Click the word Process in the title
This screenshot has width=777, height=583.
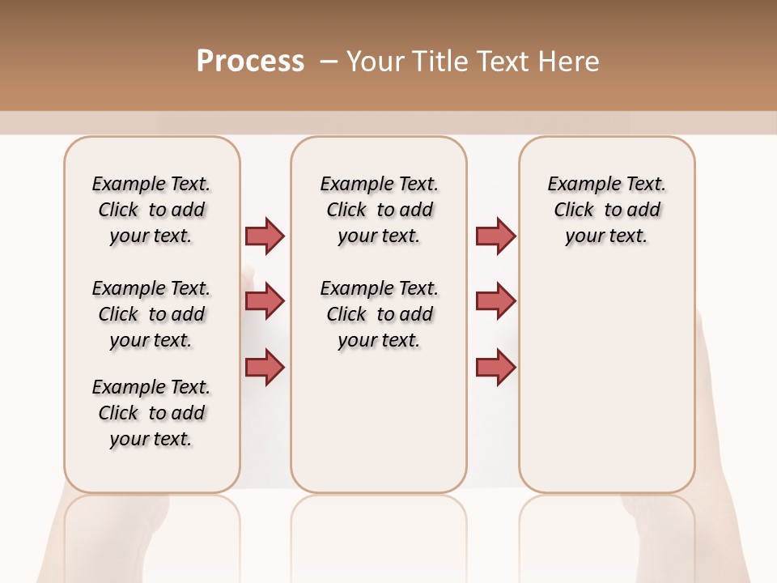(250, 62)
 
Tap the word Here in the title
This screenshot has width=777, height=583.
(571, 62)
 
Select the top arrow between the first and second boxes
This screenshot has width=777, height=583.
(265, 236)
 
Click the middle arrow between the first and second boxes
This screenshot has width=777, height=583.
(265, 301)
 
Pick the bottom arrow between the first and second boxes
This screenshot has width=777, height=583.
(265, 367)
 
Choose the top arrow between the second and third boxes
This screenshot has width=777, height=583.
(495, 236)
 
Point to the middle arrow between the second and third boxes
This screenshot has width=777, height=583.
(495, 301)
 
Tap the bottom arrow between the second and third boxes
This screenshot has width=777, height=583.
(495, 367)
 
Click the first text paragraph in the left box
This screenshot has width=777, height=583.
(151, 210)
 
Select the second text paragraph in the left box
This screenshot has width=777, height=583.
(151, 314)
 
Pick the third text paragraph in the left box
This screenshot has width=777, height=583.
(151, 413)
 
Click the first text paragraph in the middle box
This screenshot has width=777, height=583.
(379, 210)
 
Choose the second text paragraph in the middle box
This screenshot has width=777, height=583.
(379, 314)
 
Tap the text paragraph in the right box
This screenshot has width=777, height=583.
(606, 210)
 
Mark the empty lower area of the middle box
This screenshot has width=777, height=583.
(379, 421)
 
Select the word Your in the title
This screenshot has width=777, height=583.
(376, 62)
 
